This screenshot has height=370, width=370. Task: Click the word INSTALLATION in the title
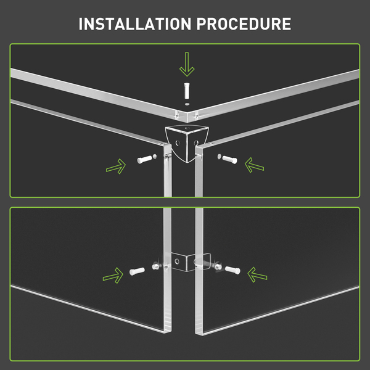click(x=135, y=24)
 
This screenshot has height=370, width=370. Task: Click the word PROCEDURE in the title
click(x=244, y=24)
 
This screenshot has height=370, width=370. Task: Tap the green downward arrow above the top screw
click(x=187, y=64)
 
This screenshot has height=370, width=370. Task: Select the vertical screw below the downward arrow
click(x=187, y=91)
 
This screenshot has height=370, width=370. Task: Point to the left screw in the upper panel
click(x=144, y=159)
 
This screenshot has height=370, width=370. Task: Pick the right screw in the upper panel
click(x=230, y=159)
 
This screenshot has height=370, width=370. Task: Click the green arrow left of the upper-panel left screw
click(x=116, y=166)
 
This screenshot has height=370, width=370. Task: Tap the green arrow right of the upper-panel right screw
click(x=254, y=165)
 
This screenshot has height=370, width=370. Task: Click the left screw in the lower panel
click(x=137, y=271)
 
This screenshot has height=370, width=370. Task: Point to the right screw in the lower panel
click(x=232, y=270)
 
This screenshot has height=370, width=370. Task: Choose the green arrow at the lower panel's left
click(x=113, y=276)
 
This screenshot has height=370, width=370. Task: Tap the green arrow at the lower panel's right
click(x=257, y=274)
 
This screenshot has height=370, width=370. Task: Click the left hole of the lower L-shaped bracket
click(x=177, y=261)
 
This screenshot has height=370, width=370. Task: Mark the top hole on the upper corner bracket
click(x=187, y=128)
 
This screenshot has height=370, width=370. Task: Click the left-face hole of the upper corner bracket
click(x=178, y=143)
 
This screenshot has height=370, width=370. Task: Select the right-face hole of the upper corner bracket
click(x=196, y=142)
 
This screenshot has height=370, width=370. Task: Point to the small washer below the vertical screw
click(x=187, y=104)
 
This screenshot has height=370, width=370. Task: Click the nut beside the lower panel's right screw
click(x=218, y=266)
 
